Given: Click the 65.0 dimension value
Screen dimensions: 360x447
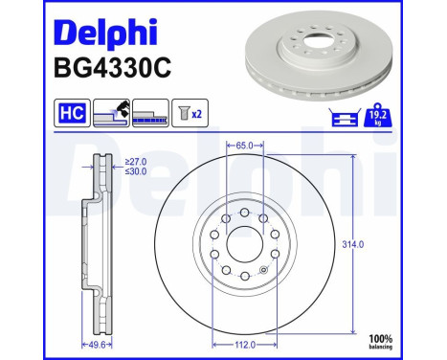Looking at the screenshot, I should tap(244, 146).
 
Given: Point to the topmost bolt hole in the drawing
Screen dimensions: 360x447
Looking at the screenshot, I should tap(244, 213).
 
